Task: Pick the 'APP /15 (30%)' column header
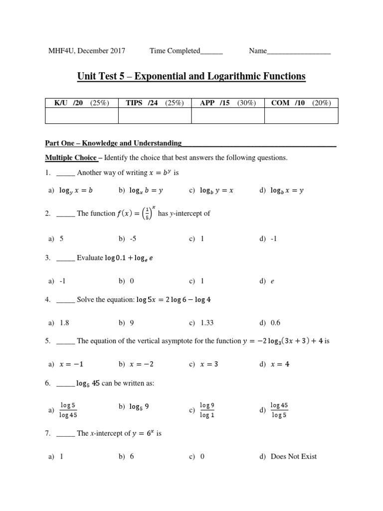pos(228,103)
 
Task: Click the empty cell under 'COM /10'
pos(301,116)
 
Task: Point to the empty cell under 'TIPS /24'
pos(155,116)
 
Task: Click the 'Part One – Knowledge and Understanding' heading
pos(113,143)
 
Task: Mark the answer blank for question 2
pos(66,214)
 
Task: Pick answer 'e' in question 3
pos(273,281)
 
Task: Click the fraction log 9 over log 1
pos(207,410)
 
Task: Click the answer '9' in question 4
pos(132,323)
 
